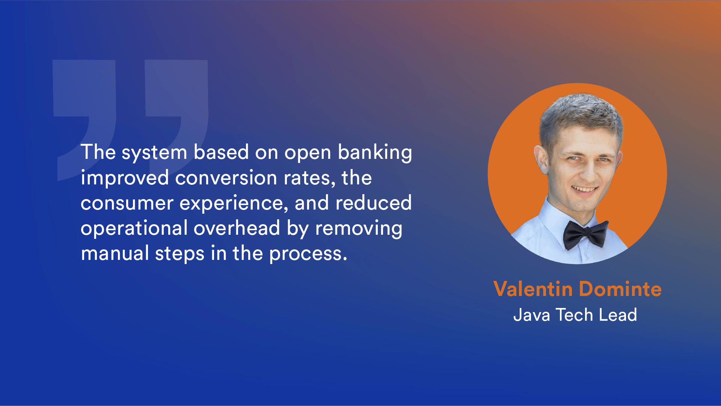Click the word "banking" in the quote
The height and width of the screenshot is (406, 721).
[375, 153]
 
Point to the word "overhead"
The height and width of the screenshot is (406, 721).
[237, 228]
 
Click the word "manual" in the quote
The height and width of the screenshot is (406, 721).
[115, 253]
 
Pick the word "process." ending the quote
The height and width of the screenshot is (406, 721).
[308, 254]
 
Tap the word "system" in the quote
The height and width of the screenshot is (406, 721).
[154, 153]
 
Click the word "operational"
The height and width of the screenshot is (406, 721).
[134, 229]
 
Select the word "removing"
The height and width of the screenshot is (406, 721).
[359, 229]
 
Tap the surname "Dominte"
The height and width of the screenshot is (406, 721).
[620, 289]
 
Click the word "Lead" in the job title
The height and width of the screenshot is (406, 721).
[618, 315]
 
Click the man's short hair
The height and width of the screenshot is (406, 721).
[580, 113]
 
